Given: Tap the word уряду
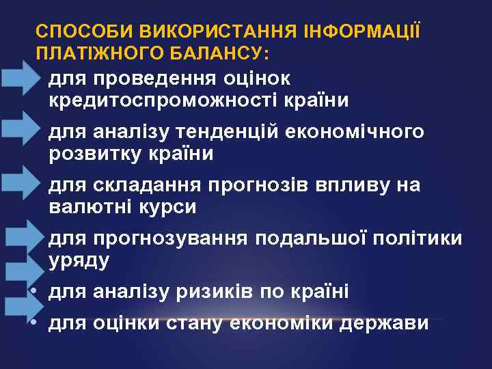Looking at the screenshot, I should [x=79, y=261].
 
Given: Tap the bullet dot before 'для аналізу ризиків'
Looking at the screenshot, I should [x=34, y=292].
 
